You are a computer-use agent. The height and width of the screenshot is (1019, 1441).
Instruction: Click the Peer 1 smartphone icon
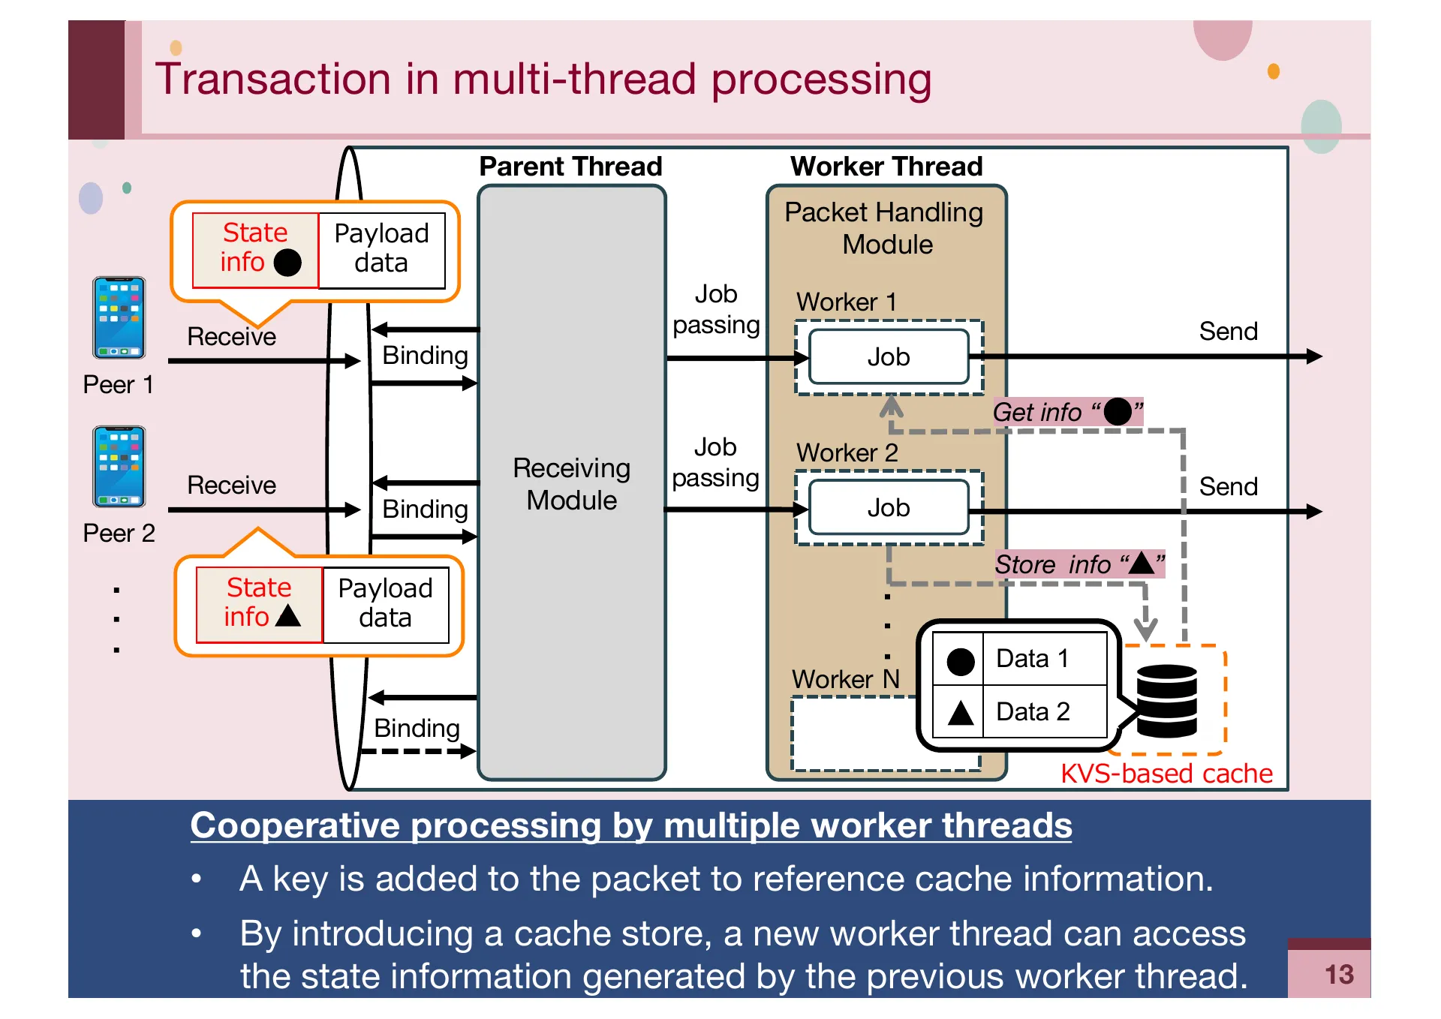[119, 317]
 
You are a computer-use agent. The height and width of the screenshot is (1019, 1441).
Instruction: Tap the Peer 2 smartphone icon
[119, 467]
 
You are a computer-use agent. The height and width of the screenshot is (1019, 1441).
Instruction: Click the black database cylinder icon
[1166, 701]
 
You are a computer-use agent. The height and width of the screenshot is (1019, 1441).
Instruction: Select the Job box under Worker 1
[889, 356]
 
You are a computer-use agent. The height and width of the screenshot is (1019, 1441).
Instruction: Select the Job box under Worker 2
[889, 507]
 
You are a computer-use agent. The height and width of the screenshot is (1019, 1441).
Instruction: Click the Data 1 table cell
[1043, 658]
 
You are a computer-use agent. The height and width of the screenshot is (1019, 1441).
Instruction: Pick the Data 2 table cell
[1043, 711]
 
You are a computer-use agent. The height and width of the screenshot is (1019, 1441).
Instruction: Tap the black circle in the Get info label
[1117, 411]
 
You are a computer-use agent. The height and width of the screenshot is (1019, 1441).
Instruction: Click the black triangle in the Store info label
[1141, 563]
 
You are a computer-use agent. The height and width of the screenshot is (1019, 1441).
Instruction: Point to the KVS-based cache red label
[1166, 773]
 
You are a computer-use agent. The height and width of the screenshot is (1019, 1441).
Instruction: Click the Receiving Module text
[571, 484]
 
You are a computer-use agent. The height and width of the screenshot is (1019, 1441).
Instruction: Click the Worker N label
[845, 679]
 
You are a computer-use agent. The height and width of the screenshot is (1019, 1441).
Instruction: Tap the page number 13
[1338, 974]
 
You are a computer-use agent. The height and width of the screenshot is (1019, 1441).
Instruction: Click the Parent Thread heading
[570, 166]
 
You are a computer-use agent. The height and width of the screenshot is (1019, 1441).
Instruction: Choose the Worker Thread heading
[886, 166]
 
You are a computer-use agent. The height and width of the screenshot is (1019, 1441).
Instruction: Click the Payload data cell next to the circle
[381, 248]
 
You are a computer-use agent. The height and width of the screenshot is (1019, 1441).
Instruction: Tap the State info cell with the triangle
[260, 603]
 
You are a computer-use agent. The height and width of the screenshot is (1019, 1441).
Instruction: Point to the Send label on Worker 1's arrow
[1228, 331]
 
